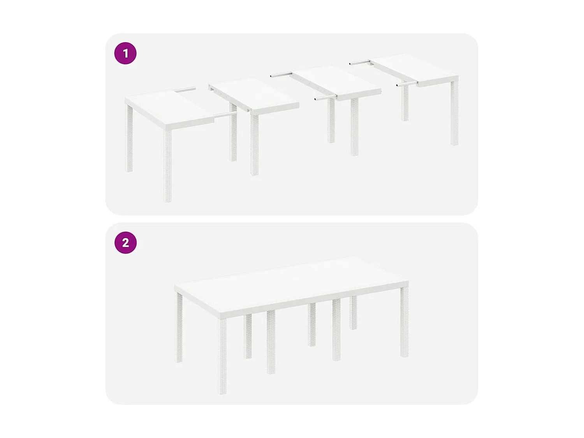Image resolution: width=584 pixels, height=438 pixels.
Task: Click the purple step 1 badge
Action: [125, 53]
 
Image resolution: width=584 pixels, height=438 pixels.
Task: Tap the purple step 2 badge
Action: [125, 243]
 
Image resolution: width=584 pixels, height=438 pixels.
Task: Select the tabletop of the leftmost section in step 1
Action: [167, 107]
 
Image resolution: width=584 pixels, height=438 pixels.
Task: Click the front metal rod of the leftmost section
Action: [225, 115]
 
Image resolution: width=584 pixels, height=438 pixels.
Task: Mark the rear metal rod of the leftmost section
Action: [185, 90]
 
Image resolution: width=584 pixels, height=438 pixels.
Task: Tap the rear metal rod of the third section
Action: [281, 75]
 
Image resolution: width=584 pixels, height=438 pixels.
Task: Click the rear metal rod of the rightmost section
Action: [359, 62]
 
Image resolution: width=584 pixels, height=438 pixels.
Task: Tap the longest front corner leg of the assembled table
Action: [223, 356]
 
